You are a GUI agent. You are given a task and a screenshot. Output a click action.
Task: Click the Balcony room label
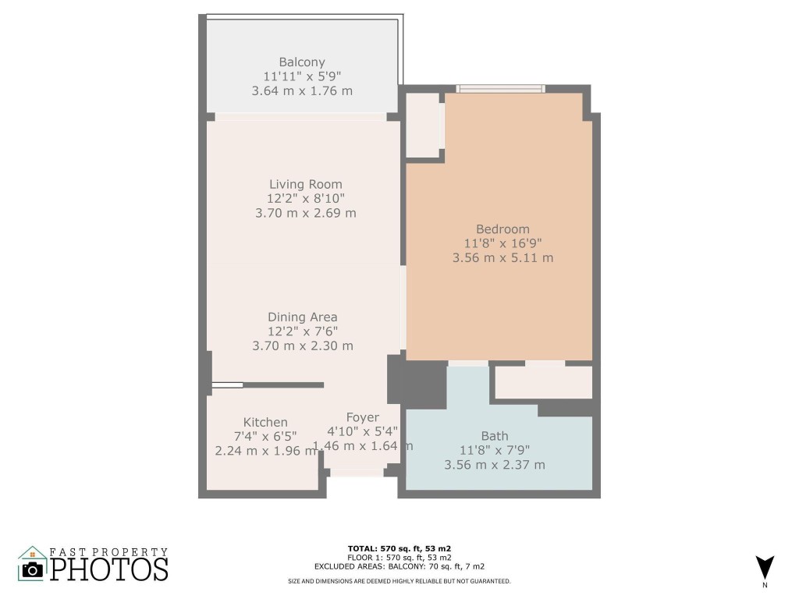[302, 62]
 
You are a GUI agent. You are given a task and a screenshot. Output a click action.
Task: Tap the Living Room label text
[305, 184]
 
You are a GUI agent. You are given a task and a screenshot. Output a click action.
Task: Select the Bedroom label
[502, 229]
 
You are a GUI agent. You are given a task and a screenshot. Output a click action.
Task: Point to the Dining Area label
[302, 317]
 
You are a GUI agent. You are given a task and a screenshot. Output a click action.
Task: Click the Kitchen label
[265, 422]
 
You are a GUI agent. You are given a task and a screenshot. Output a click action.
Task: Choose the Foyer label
[362, 417]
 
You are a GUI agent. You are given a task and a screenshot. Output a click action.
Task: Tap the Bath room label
[494, 436]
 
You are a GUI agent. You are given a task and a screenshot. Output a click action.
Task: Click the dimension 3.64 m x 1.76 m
[302, 90]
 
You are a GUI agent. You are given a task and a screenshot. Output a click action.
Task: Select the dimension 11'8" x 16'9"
[502, 243]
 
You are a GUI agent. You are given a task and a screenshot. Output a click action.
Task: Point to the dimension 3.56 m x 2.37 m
[494, 465]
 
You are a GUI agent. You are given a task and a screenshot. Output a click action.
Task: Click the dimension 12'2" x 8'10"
[305, 198]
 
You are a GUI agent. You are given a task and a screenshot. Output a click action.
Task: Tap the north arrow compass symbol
[765, 567]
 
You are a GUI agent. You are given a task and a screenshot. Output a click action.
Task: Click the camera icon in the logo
[33, 569]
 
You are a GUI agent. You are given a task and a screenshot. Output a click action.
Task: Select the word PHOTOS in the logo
[109, 569]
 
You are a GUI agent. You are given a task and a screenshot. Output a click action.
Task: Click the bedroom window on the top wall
[501, 89]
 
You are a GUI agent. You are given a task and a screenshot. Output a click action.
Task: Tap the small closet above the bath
[543, 382]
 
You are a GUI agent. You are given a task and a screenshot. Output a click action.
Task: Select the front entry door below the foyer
[356, 472]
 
